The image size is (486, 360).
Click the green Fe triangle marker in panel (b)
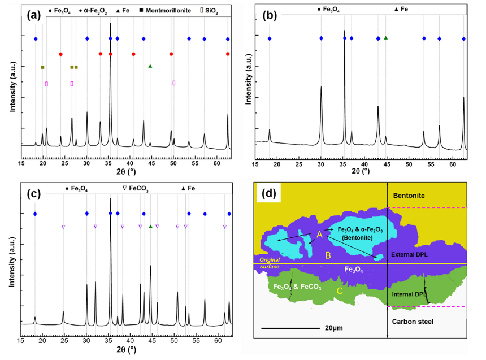(x=386, y=38)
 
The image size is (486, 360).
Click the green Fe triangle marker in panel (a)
(x=150, y=66)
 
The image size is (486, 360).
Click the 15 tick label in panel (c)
(x=21, y=341)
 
